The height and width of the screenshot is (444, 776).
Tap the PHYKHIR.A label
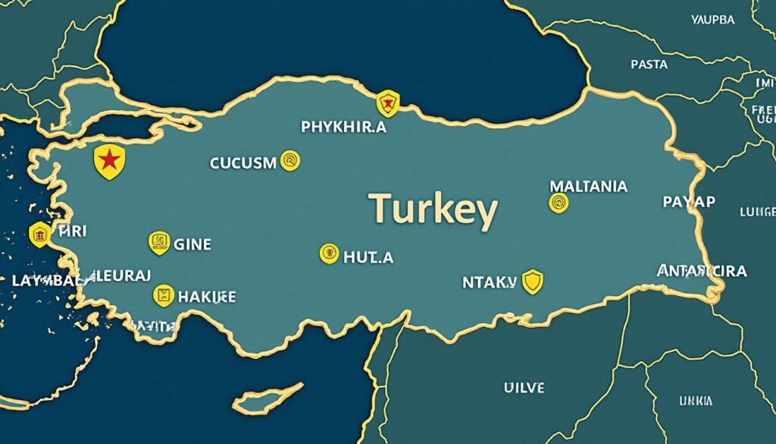click(343, 128)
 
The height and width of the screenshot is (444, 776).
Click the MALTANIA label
click(588, 185)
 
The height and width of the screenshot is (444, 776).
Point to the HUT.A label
click(368, 257)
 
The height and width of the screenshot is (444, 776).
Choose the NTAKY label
click(489, 282)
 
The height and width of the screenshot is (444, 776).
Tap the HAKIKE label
click(206, 296)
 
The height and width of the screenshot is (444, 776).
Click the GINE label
click(192, 244)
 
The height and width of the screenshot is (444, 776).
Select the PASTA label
click(649, 65)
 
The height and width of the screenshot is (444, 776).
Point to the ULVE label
click(524, 387)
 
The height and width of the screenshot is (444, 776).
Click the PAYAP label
click(689, 202)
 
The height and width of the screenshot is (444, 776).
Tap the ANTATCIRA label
click(702, 271)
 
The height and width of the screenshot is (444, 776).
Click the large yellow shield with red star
click(109, 162)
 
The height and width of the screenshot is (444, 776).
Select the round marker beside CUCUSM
click(290, 160)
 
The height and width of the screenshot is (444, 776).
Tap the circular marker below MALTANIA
click(558, 202)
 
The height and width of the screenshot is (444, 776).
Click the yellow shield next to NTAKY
click(533, 282)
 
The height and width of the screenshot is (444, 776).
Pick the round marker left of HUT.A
click(329, 253)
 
